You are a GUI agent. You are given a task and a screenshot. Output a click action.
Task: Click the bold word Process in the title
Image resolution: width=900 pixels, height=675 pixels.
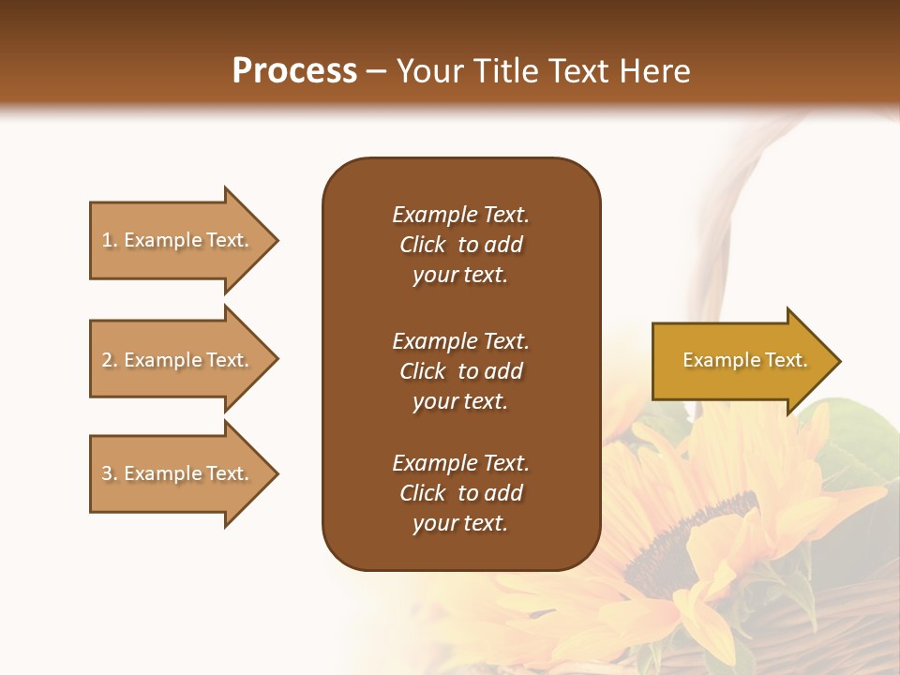click(x=294, y=71)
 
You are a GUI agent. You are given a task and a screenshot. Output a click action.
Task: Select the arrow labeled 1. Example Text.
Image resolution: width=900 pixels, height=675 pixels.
click(x=178, y=240)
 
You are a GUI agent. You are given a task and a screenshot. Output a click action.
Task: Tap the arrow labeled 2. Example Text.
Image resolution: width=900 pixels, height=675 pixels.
click(x=178, y=360)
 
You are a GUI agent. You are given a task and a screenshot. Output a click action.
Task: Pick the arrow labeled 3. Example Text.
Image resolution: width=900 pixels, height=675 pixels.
click(x=178, y=473)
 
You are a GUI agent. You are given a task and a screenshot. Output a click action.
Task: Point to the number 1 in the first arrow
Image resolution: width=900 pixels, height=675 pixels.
click(x=107, y=240)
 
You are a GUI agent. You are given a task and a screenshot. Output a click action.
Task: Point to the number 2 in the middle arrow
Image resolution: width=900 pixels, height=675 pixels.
click(x=107, y=360)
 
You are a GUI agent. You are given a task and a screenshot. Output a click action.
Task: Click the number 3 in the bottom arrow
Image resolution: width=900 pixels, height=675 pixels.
click(x=107, y=473)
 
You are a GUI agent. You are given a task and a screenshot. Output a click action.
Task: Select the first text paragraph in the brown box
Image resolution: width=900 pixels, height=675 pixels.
click(x=460, y=245)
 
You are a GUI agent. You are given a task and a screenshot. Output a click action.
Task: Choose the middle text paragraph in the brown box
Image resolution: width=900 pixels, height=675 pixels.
click(x=460, y=371)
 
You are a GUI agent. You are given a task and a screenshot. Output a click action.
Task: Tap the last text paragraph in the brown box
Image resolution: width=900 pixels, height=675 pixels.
click(x=460, y=493)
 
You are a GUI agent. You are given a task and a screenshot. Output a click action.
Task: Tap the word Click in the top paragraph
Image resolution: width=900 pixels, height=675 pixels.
click(x=423, y=245)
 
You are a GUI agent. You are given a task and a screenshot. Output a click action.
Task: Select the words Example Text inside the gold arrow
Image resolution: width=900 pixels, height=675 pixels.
click(x=744, y=360)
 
